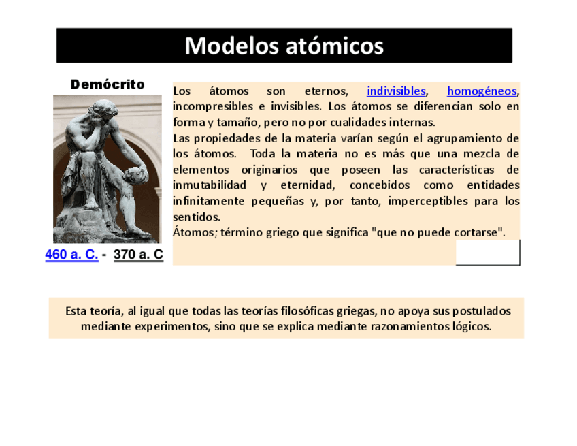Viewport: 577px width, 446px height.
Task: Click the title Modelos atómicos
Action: [x=284, y=46]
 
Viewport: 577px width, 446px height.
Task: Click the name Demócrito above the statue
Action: [x=108, y=84]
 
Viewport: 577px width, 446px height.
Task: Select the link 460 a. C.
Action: [x=71, y=255]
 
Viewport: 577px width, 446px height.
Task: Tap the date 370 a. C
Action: [x=138, y=255]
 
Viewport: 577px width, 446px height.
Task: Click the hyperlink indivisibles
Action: [x=396, y=91]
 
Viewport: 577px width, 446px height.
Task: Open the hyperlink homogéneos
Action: [x=482, y=91]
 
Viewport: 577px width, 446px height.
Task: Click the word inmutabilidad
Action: [x=210, y=185]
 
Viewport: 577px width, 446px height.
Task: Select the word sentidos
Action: [x=197, y=217]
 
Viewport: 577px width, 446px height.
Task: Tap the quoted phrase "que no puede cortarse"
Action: [x=438, y=232]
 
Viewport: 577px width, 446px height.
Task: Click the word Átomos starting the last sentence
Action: [x=193, y=232]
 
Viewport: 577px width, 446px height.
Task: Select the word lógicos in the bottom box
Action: [x=472, y=326]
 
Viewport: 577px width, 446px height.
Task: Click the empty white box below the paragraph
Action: [x=487, y=252]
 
